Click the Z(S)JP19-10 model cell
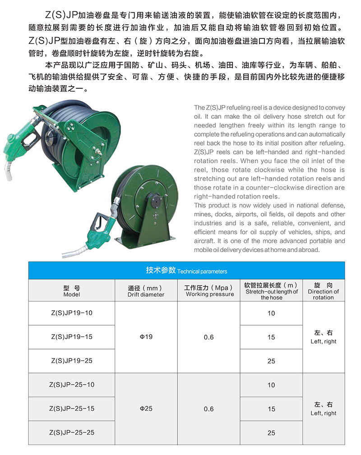click(x=72, y=313)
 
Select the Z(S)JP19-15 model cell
click(x=72, y=337)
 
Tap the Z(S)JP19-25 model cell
click(x=72, y=361)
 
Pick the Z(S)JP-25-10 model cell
click(x=72, y=385)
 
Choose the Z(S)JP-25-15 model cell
click(x=72, y=409)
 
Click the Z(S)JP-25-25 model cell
click(x=72, y=432)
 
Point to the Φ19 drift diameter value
click(x=146, y=337)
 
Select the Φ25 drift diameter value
click(x=146, y=409)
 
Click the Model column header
click(x=72, y=291)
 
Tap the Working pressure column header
click(x=209, y=291)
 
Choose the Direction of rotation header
click(x=323, y=291)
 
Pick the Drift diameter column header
click(x=146, y=291)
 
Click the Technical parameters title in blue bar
click(x=186, y=271)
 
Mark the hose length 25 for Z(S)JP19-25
click(x=271, y=361)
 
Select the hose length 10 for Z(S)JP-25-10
click(x=271, y=385)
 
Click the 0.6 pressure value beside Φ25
click(x=208, y=409)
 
